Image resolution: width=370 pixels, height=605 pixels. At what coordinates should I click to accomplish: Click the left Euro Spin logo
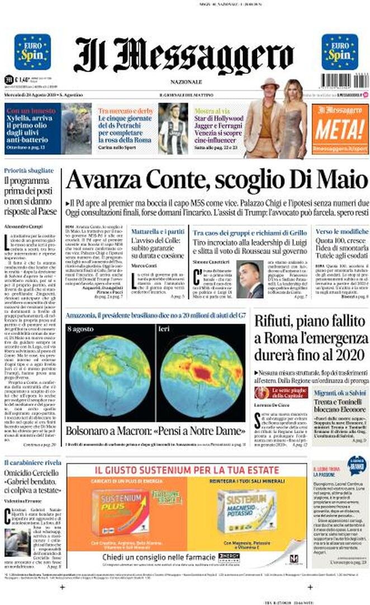(32, 52)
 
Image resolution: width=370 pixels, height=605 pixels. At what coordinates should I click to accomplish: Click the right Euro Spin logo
(339, 52)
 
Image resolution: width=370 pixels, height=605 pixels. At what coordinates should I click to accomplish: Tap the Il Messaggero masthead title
(184, 55)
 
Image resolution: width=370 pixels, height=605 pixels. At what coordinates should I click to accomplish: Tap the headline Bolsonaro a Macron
(155, 431)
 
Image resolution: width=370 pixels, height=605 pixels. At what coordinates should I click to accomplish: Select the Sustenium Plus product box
(120, 512)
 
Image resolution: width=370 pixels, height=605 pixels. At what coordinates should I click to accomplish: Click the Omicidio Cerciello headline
(32, 479)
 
